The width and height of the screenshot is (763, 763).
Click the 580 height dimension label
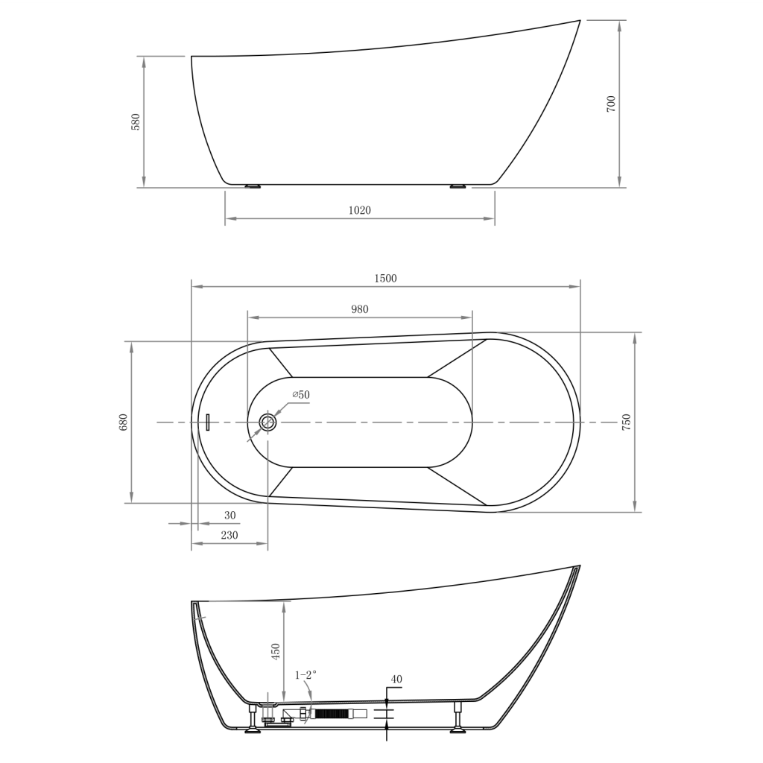(136, 121)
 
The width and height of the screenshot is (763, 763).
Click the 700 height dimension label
(611, 104)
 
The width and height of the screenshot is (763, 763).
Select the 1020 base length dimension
(359, 210)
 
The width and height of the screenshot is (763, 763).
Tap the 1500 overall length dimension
(385, 278)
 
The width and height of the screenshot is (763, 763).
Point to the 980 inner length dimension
(360, 309)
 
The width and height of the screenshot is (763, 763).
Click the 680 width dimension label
(124, 422)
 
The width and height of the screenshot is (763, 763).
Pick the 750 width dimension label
(626, 422)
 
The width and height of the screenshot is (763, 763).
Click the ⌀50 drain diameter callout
(300, 394)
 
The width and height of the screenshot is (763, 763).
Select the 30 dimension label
(229, 515)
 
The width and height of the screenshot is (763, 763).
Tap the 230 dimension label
(229, 535)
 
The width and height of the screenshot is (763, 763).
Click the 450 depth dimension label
(276, 652)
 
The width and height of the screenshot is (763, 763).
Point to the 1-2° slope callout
(305, 674)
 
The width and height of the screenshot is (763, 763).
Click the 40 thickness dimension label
(396, 679)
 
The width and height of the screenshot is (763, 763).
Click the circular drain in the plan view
(268, 423)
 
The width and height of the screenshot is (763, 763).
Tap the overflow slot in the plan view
(209, 422)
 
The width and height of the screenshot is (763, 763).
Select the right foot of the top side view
(458, 186)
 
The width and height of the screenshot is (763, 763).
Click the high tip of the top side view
(578, 22)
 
